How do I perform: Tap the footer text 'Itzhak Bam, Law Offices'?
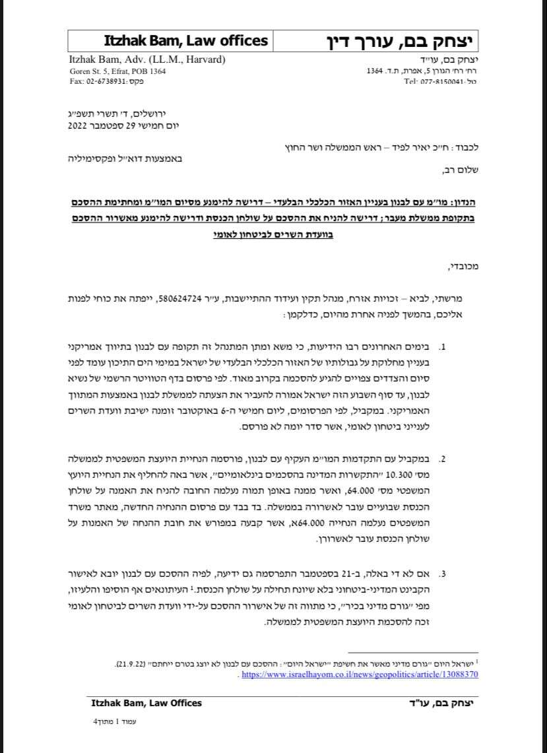click(146, 704)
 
